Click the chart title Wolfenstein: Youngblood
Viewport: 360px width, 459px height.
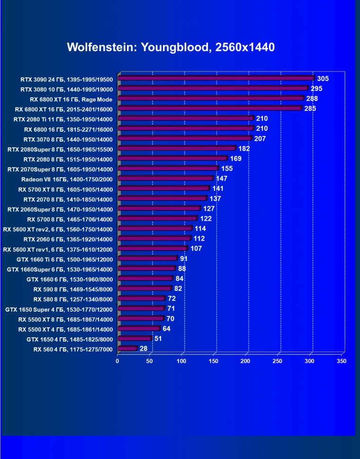[x=171, y=47]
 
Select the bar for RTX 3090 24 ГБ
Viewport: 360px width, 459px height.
[x=216, y=78]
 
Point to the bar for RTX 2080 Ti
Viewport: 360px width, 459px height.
[x=186, y=118]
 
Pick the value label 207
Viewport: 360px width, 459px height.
[x=260, y=139]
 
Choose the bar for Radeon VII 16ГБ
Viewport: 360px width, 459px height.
[x=165, y=179]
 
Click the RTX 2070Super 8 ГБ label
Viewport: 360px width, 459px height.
[x=60, y=169]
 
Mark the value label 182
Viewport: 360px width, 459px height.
[x=244, y=149]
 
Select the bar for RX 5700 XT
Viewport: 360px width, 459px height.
[x=163, y=189]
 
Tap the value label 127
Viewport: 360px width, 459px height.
[x=209, y=208]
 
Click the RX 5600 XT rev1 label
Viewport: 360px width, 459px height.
[x=58, y=249]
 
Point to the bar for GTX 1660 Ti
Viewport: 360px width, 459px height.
[x=147, y=259]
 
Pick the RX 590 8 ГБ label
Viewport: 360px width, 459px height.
[x=73, y=288]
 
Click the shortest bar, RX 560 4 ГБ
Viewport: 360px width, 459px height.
[x=127, y=349]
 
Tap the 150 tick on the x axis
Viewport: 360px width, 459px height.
[x=213, y=361]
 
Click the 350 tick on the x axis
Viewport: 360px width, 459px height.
[x=342, y=361]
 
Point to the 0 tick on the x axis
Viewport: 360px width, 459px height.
[x=117, y=361]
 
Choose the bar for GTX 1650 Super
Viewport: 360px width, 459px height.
[x=141, y=308]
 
